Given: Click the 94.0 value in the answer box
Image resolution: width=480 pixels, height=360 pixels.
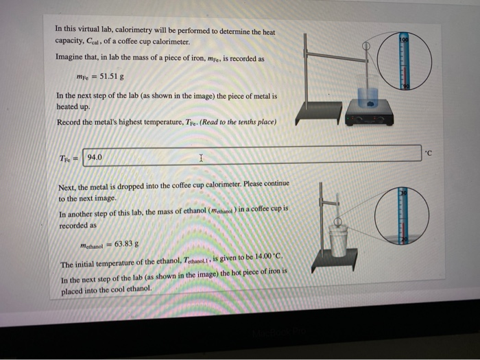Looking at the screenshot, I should [95, 157].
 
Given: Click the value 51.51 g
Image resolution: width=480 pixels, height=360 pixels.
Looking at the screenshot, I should [111, 76].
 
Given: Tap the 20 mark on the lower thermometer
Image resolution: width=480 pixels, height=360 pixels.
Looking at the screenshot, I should [405, 237].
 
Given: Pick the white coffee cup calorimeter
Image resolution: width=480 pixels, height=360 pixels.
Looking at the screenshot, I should [338, 237].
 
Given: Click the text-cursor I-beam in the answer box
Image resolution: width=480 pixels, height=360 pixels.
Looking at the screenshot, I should [200, 158].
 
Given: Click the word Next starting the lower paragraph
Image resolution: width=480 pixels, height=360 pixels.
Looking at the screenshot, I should [67, 187].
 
